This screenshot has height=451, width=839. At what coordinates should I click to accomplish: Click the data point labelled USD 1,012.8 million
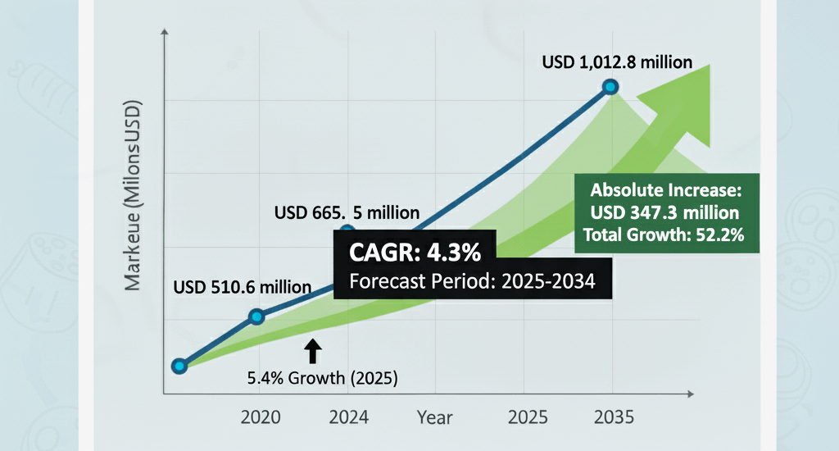click(610, 86)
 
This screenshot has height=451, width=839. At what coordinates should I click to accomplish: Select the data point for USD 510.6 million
click(256, 317)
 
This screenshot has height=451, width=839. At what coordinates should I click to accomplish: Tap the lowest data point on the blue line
click(179, 366)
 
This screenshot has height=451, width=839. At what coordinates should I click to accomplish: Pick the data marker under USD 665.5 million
click(347, 232)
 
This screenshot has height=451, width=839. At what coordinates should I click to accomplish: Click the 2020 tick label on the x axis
click(261, 417)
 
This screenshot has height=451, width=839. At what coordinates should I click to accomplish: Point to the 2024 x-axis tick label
click(347, 417)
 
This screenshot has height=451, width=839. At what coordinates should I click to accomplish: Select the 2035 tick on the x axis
click(614, 417)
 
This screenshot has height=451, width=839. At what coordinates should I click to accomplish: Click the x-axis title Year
click(434, 417)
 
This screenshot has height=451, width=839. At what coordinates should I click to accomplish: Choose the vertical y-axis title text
click(133, 197)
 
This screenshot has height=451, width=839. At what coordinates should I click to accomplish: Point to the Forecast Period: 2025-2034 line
click(471, 281)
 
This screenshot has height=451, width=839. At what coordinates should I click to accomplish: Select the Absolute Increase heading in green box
click(665, 191)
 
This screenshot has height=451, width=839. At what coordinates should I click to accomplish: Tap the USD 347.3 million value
click(665, 214)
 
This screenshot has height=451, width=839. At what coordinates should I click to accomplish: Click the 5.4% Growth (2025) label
click(322, 378)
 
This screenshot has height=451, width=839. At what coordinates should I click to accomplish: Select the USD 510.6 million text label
click(243, 287)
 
